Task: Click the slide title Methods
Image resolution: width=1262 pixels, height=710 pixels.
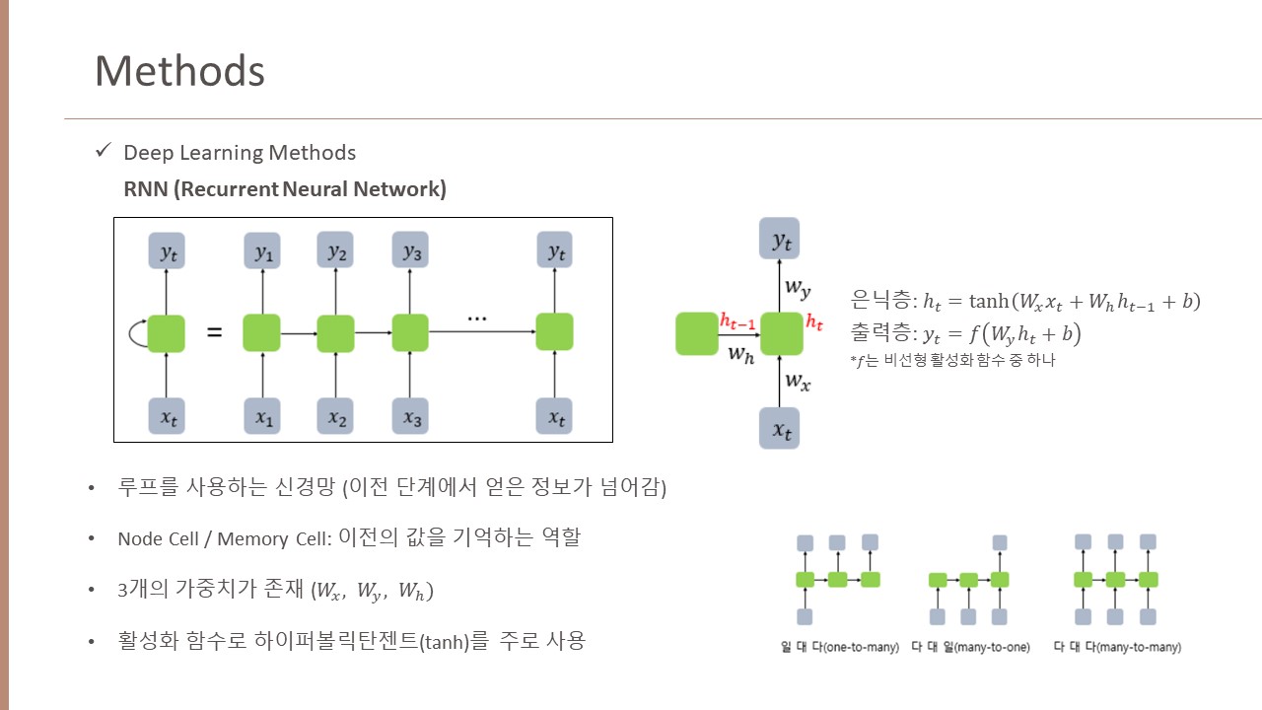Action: tap(179, 71)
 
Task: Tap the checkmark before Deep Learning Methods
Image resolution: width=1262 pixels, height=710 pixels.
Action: tap(103, 151)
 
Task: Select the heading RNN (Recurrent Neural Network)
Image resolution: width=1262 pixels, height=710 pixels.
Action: tap(284, 188)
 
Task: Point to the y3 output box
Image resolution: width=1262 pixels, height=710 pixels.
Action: tap(411, 251)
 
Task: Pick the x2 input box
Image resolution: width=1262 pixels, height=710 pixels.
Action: tap(336, 416)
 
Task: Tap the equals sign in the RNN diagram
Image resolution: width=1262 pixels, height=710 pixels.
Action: tap(214, 333)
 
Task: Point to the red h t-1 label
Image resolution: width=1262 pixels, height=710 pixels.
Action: tap(736, 319)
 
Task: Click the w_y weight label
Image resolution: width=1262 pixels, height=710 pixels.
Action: tap(797, 288)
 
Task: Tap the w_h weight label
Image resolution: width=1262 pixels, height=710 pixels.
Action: tap(740, 353)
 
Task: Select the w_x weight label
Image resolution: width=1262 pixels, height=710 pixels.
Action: tap(798, 381)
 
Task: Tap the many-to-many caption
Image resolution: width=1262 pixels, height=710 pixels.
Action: tap(1117, 648)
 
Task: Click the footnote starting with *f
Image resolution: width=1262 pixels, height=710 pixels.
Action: tap(952, 361)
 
